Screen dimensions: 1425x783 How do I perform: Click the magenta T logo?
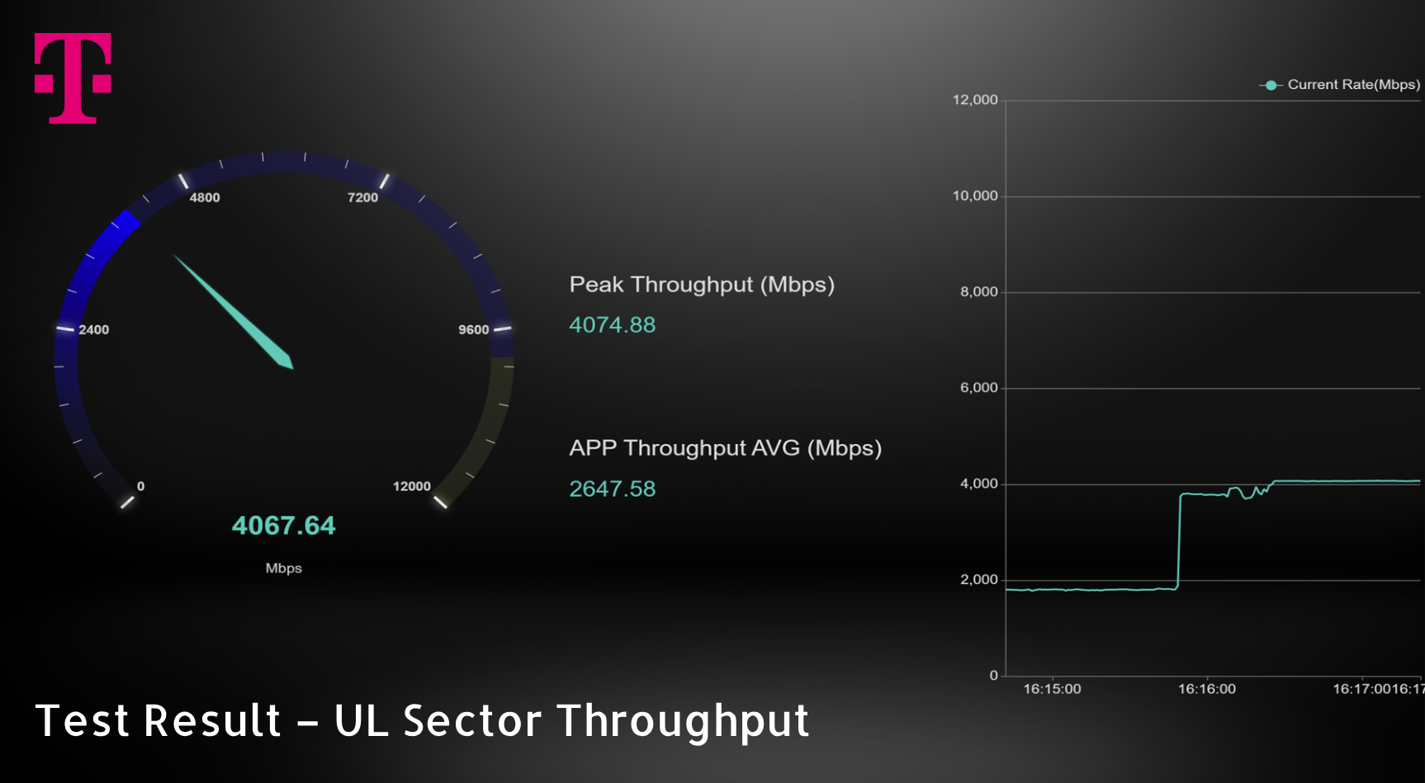pos(73,78)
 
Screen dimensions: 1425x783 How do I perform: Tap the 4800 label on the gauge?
pos(205,198)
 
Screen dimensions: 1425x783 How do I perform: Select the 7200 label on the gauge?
pos(362,198)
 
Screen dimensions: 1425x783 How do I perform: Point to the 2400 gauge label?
pos(94,330)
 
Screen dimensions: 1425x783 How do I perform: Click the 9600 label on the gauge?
pos(474,330)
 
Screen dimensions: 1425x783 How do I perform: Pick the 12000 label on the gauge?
pos(412,487)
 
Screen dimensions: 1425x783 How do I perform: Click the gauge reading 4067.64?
pos(284,526)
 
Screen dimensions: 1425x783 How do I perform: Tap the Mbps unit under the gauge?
pos(284,568)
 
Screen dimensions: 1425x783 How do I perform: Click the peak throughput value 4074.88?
pos(613,325)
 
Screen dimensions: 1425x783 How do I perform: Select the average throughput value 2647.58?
pos(613,489)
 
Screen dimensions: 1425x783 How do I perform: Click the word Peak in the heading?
pos(597,285)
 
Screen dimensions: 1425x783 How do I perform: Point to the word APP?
pos(593,448)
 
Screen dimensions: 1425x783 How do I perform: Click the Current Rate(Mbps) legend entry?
pos(1340,85)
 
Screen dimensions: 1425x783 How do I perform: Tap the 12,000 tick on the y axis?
pos(975,100)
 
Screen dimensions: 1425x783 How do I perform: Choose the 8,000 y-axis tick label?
pos(979,292)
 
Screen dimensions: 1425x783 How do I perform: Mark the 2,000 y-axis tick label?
pos(979,580)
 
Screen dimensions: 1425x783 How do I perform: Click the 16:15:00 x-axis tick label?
pos(1053,689)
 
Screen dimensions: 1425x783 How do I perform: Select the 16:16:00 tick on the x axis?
pos(1207,689)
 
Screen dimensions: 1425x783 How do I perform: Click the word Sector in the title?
pos(472,720)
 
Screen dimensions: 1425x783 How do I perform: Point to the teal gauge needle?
pos(234,312)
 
